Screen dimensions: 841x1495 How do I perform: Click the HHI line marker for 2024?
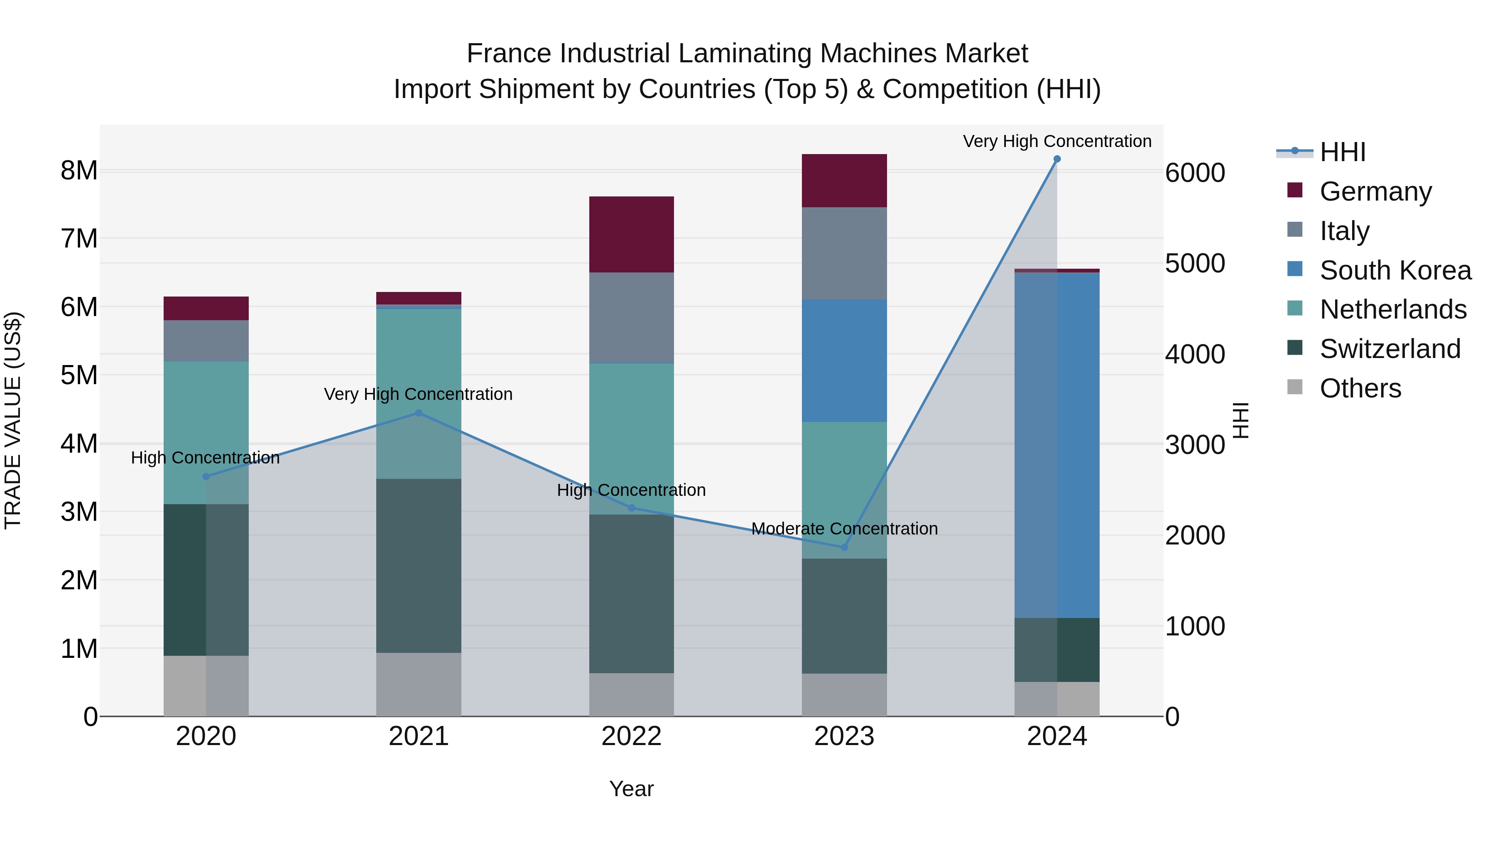[x=1057, y=159]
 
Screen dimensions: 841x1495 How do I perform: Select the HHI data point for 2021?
[x=419, y=413]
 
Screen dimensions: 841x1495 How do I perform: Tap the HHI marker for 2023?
[x=844, y=547]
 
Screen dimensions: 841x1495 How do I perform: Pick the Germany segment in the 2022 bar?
[x=631, y=235]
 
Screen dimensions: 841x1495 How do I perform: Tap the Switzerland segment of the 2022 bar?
[x=631, y=594]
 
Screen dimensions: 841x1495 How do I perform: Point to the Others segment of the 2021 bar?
[x=419, y=684]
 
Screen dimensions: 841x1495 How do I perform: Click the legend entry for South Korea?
[x=1395, y=270]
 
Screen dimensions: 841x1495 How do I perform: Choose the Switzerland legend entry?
[x=1390, y=349]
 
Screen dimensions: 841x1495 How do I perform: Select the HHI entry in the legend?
[x=1342, y=152]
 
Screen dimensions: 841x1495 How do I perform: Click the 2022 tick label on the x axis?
[x=631, y=736]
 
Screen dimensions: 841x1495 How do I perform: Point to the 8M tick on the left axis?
[x=79, y=171]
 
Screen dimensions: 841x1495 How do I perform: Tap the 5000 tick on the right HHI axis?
[x=1195, y=263]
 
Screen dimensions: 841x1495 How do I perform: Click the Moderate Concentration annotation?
[x=844, y=529]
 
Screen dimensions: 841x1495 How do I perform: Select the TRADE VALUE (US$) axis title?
[x=13, y=420]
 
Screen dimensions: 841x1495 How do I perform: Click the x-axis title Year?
[x=631, y=789]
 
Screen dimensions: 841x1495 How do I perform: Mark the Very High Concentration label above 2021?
[x=419, y=394]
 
